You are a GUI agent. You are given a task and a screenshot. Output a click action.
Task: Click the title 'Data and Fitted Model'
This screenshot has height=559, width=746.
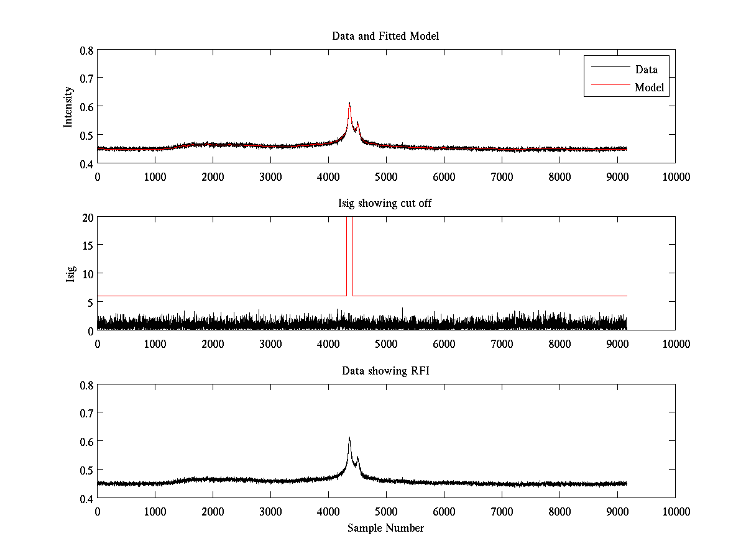[x=385, y=36]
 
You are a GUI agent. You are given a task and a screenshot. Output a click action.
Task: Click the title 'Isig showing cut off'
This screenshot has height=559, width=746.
[x=385, y=203]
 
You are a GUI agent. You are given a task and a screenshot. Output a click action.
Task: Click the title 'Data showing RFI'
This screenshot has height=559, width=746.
[x=385, y=371]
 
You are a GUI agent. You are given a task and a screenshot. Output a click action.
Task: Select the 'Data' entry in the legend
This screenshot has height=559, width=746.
[x=646, y=69]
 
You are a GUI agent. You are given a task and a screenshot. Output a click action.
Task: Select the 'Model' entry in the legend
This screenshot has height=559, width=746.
[x=649, y=88]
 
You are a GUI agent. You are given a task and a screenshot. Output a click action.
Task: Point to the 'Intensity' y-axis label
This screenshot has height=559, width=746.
[x=69, y=106]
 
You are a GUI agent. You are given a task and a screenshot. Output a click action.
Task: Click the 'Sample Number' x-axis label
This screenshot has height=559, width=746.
[x=385, y=528]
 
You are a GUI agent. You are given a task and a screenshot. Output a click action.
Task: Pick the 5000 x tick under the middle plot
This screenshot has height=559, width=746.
[x=386, y=343]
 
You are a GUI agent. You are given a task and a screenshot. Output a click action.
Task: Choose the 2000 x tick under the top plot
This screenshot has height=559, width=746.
[x=213, y=176]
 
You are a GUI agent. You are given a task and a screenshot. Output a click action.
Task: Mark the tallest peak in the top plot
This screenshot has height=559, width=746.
[x=349, y=104]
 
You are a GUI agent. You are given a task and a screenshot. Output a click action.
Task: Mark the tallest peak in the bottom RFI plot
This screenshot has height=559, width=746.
[x=349, y=439]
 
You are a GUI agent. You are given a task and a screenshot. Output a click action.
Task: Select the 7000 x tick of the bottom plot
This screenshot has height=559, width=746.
[x=502, y=511]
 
